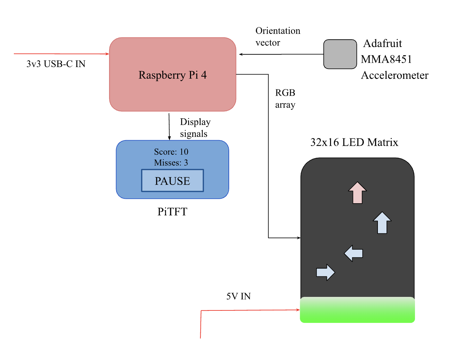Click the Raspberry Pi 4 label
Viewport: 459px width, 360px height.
point(172,75)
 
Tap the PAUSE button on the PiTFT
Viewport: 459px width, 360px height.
point(172,181)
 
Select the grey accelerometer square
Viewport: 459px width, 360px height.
point(340,54)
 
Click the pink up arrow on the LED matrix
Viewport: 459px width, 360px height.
point(357,193)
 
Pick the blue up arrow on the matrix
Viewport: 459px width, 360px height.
point(382,223)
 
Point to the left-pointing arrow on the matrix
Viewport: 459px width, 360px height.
point(354,253)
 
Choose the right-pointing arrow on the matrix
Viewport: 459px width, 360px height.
point(325,272)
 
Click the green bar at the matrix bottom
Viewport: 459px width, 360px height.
point(357,310)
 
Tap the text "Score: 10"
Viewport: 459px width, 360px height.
point(171,152)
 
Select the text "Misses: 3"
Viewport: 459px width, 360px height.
point(171,163)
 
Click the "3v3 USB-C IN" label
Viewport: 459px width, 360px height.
point(56,64)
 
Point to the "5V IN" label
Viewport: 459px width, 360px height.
point(239,296)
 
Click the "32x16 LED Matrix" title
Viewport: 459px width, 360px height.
point(354,142)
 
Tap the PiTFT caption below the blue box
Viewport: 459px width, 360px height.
point(172,212)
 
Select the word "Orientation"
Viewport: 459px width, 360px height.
point(278,31)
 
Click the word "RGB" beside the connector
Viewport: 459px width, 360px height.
point(285,93)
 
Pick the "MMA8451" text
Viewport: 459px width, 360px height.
point(386,59)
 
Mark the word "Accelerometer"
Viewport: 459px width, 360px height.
point(395,75)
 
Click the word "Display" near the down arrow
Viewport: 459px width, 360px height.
point(195,122)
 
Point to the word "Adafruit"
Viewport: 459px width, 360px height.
point(382,43)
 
